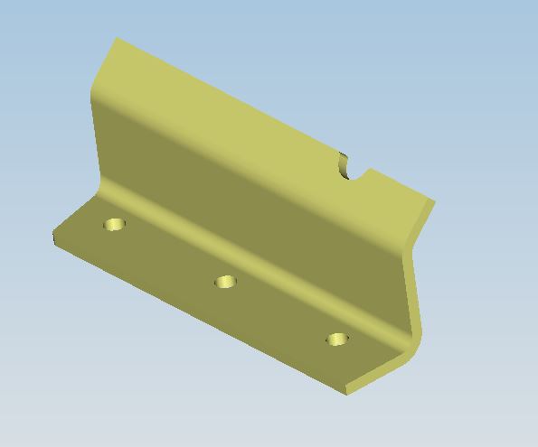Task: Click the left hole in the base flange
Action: click(114, 224)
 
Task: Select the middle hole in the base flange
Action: click(225, 283)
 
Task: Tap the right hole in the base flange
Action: click(337, 340)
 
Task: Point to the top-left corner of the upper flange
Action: click(117, 39)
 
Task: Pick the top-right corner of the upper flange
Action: click(434, 200)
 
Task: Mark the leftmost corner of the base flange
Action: click(54, 237)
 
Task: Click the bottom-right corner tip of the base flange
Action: click(347, 394)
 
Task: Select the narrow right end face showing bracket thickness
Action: click(414, 271)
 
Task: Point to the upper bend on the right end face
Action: click(421, 226)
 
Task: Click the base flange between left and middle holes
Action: click(167, 257)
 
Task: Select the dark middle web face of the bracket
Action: click(253, 217)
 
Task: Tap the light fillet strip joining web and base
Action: click(253, 271)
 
